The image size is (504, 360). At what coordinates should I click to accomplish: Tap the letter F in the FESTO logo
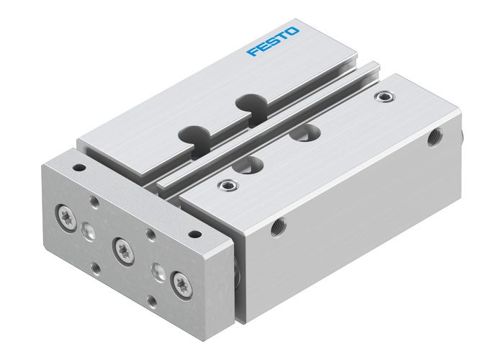point(252,52)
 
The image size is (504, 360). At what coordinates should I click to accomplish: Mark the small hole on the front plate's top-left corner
point(78,167)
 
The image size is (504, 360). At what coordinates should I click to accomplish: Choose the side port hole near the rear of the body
point(434,138)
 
